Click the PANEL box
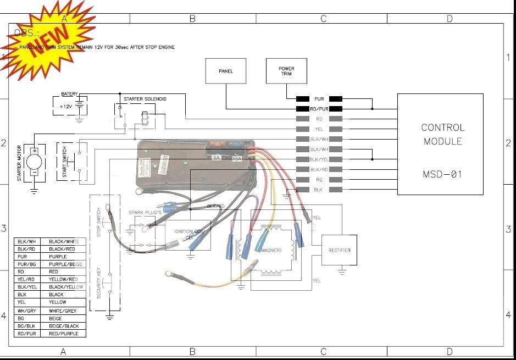(226, 71)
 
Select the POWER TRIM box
(286, 71)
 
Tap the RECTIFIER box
(339, 250)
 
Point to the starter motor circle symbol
(34, 162)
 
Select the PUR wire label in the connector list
(319, 99)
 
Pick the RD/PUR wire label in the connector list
(319, 109)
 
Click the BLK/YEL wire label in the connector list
(319, 159)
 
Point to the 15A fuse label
(237, 158)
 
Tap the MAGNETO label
(270, 251)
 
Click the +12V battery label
(65, 106)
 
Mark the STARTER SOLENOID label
(145, 99)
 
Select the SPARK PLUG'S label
(145, 212)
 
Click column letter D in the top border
(450, 19)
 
